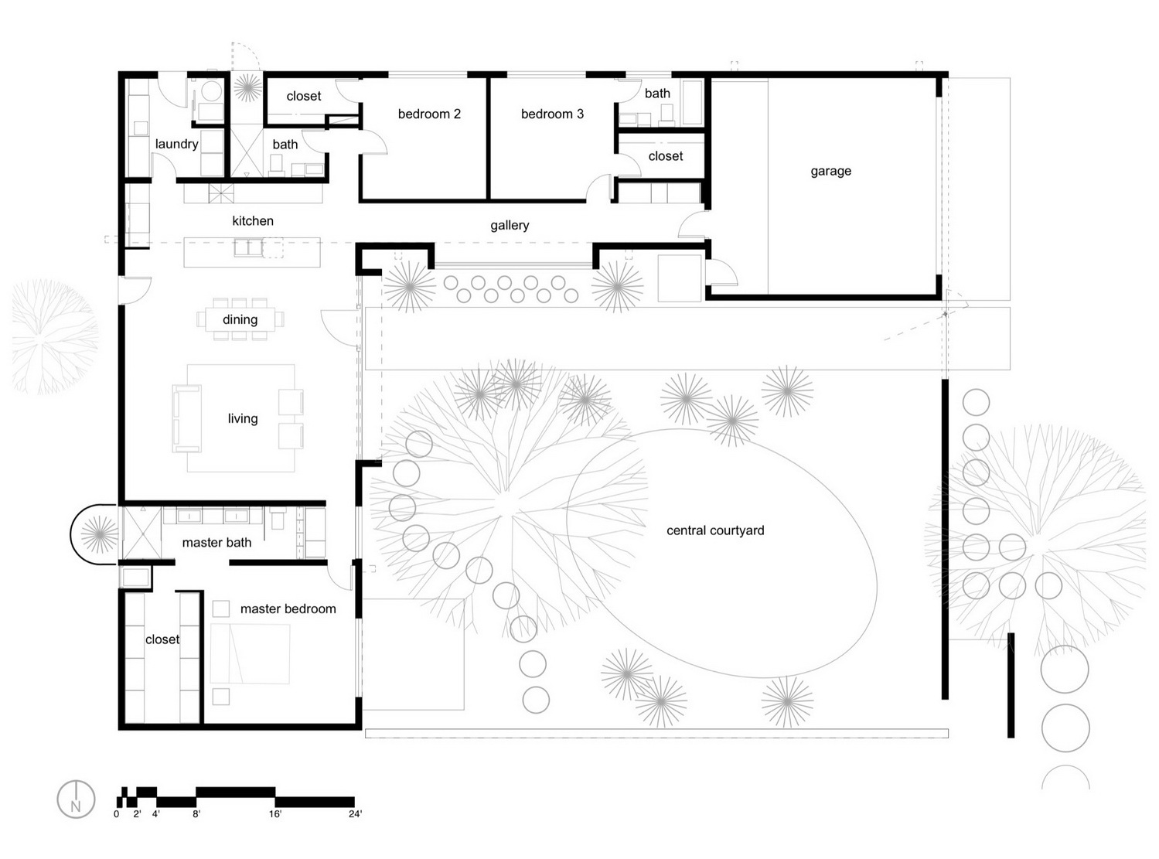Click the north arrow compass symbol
[x=76, y=799]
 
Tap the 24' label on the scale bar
[x=356, y=813]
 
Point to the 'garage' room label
[x=831, y=172]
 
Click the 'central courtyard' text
[x=715, y=531]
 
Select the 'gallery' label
[x=510, y=225]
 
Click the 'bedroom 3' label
[x=552, y=114]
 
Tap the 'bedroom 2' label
[x=430, y=114]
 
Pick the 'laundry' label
[x=176, y=145]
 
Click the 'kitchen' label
[x=253, y=221]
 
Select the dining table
[x=240, y=319]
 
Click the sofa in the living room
[x=186, y=418]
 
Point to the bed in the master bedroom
[x=250, y=653]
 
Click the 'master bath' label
[x=216, y=543]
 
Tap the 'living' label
[x=243, y=419]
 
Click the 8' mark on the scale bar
[x=196, y=813]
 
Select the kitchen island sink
[x=248, y=247]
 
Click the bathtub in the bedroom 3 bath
[x=692, y=102]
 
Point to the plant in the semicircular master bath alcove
[x=99, y=534]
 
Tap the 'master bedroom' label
[x=288, y=609]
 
